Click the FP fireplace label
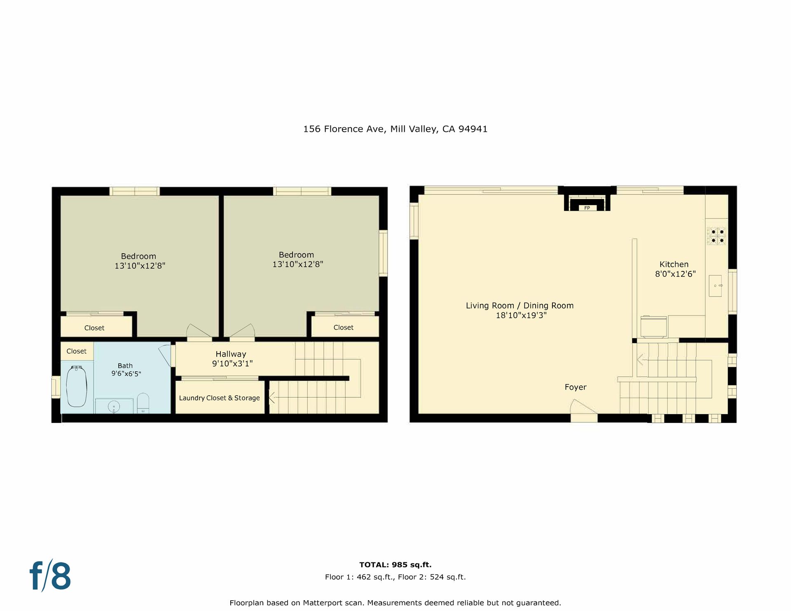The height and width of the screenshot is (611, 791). pos(587,208)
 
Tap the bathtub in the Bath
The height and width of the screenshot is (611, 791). pos(77,386)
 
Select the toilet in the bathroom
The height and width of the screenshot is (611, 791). pos(143,403)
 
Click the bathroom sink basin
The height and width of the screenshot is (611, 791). pos(114,407)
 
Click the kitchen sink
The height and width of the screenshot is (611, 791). pos(716,286)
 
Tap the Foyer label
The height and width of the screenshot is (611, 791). pos(576,387)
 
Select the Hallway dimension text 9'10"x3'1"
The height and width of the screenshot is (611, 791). pos(232,364)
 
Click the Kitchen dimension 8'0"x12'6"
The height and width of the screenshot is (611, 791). pos(675,274)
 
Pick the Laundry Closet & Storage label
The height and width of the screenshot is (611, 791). pos(219,398)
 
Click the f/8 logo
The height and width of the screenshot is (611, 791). pos(50,575)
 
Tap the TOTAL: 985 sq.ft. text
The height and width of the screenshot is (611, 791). pos(395,565)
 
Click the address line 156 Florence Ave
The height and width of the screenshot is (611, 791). pos(344,129)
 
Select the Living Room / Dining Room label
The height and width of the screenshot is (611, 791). pos(520,305)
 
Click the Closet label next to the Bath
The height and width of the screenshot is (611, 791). pos(77,351)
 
